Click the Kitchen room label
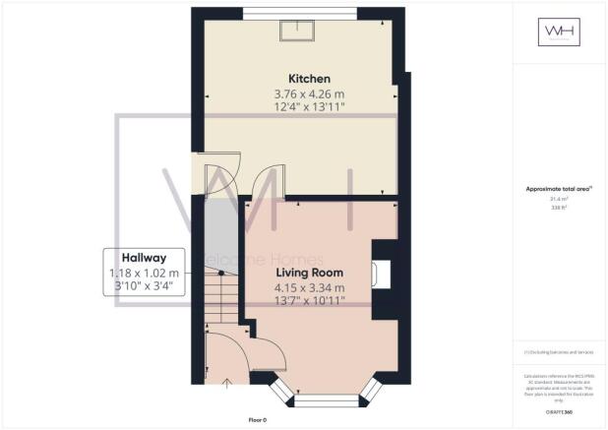pyautogui.click(x=308, y=78)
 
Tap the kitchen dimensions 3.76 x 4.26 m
pyautogui.click(x=308, y=95)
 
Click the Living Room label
pyautogui.click(x=309, y=272)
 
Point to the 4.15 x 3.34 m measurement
pyautogui.click(x=309, y=288)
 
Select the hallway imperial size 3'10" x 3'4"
pyautogui.click(x=144, y=287)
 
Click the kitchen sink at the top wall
pyautogui.click(x=295, y=30)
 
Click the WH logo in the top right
pyautogui.click(x=561, y=34)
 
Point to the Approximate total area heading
pyautogui.click(x=561, y=188)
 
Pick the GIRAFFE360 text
pyautogui.click(x=561, y=412)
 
